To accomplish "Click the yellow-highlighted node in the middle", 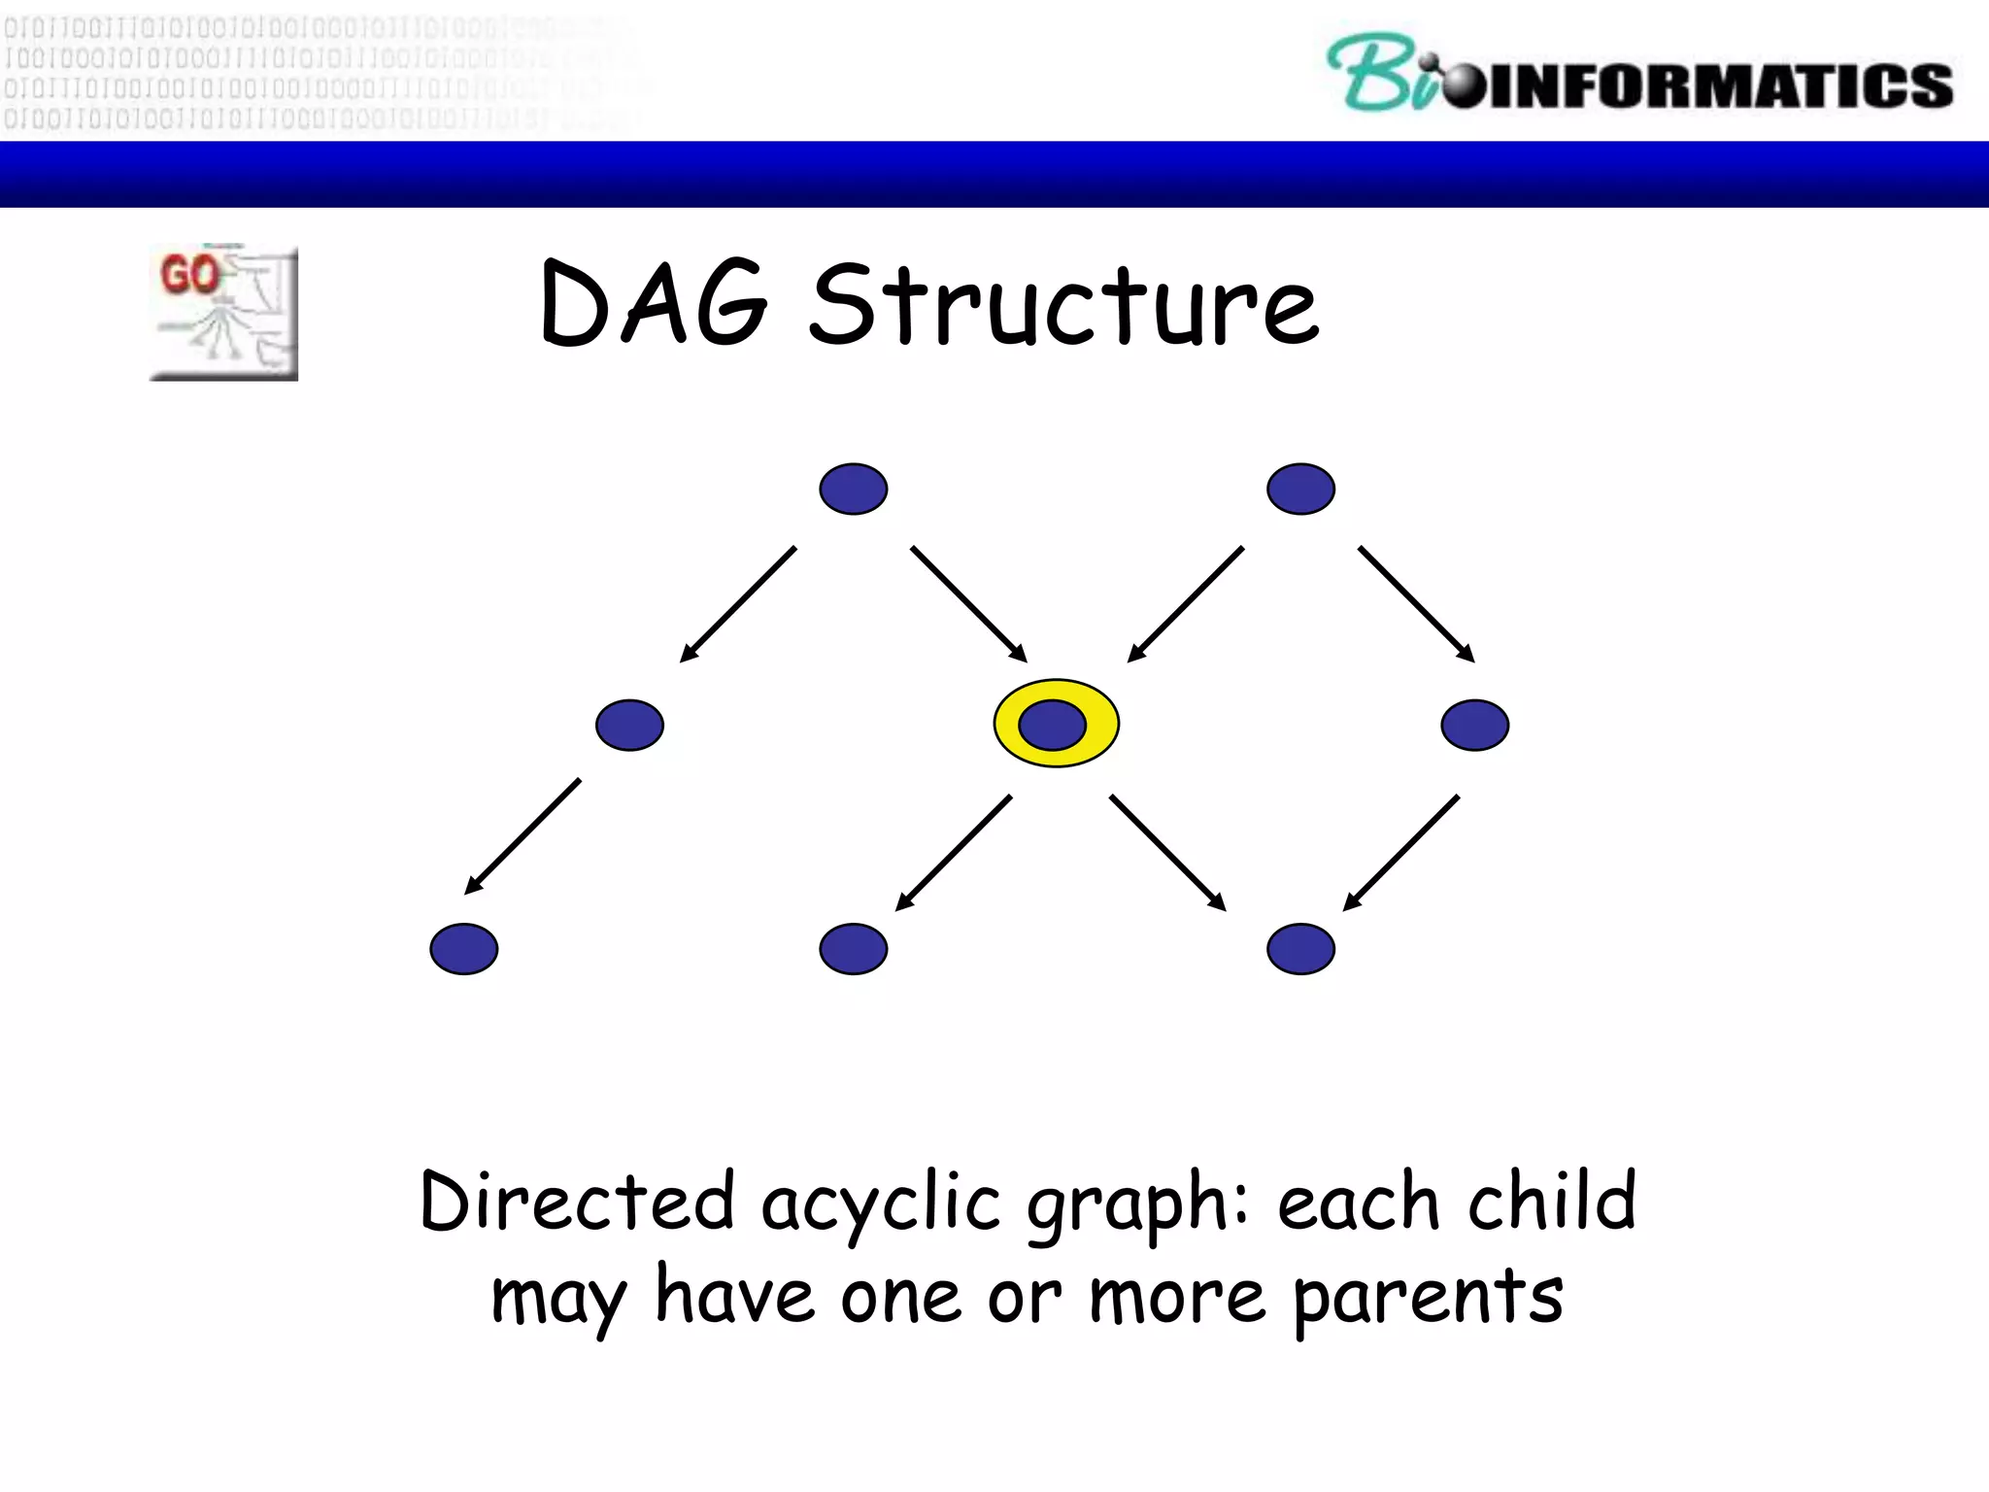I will [x=1056, y=724].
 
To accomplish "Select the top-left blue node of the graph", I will [x=853, y=489].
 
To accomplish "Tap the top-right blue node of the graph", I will [x=1300, y=489].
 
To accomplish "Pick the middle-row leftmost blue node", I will [x=629, y=725].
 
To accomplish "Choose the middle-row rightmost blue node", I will [x=1474, y=725].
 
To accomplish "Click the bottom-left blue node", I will [x=464, y=948].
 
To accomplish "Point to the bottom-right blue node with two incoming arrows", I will [x=1300, y=948].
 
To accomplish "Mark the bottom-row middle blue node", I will [x=853, y=948].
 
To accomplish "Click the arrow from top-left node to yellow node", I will [x=968, y=603].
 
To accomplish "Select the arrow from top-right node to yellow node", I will [x=1186, y=603].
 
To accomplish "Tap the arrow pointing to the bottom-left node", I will [x=523, y=835].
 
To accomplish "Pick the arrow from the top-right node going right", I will [x=1416, y=603].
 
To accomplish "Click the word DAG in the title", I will [x=653, y=304].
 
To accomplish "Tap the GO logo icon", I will [x=224, y=313].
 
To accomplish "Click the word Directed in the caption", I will [x=577, y=1203].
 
